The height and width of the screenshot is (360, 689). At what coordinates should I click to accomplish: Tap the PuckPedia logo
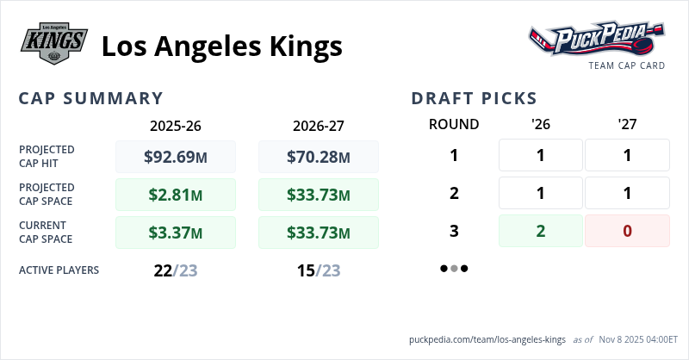click(x=597, y=40)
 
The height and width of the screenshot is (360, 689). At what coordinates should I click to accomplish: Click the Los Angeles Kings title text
click(x=221, y=45)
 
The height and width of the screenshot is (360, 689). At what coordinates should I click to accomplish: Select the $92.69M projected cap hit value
click(x=176, y=157)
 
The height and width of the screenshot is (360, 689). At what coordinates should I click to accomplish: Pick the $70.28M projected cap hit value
click(x=319, y=157)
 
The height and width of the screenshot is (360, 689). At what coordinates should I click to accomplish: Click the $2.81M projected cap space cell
click(x=176, y=195)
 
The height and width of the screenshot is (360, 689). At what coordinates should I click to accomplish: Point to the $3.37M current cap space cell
click(x=176, y=233)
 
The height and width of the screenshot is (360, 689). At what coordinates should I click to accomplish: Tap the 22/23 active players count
click(x=176, y=270)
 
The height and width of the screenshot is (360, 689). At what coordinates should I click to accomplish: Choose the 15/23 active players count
click(x=319, y=270)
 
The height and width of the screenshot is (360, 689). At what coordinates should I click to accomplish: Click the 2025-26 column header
click(x=176, y=125)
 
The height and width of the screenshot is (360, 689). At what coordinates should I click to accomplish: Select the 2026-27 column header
click(x=319, y=125)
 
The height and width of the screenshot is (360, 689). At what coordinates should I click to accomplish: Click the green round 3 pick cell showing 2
click(x=541, y=231)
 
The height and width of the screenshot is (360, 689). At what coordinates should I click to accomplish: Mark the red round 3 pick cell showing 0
click(x=627, y=231)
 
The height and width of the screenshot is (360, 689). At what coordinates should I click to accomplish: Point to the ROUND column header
click(x=454, y=124)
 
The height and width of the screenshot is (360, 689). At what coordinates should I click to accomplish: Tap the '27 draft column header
click(x=627, y=124)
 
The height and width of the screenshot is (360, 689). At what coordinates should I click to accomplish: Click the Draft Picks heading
click(x=474, y=98)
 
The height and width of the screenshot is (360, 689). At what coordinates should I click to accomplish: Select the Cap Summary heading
click(x=91, y=98)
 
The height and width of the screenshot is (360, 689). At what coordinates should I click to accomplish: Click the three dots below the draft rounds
click(x=454, y=268)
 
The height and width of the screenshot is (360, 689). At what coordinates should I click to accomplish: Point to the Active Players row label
click(x=59, y=270)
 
